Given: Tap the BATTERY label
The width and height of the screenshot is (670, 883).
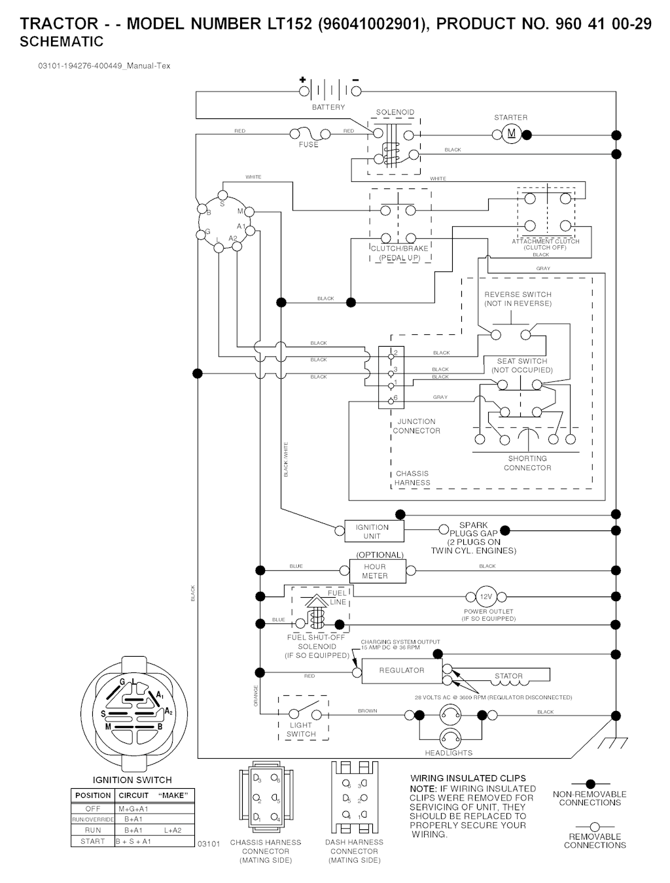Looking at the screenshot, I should [x=328, y=107].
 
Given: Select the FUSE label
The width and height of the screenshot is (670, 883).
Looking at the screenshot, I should [x=309, y=145].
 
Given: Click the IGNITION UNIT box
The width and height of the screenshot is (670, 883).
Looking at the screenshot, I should [x=372, y=531].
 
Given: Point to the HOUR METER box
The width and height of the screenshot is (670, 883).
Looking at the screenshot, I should [x=375, y=571].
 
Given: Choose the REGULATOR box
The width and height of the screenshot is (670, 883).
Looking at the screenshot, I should [x=402, y=670].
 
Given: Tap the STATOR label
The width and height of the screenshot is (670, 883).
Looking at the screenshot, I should [x=508, y=676].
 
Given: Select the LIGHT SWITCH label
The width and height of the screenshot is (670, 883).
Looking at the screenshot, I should [x=301, y=729].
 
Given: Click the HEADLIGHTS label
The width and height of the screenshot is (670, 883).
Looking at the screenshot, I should [x=448, y=753].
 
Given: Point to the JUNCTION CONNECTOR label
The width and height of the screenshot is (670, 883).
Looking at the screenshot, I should [x=417, y=426].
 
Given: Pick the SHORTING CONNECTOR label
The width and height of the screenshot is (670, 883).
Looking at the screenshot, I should [x=527, y=463].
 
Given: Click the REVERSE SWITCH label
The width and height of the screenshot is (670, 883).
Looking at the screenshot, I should [x=518, y=299].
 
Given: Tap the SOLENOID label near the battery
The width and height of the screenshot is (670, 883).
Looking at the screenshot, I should [x=395, y=113].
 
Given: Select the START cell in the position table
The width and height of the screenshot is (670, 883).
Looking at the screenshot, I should [x=93, y=841].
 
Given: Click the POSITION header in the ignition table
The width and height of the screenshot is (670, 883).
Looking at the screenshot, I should [x=93, y=795].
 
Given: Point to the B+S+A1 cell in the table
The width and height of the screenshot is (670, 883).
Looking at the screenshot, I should [x=133, y=841].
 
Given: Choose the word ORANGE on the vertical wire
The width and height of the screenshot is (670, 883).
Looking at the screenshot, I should [x=256, y=695].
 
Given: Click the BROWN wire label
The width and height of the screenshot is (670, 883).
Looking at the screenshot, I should [x=368, y=711].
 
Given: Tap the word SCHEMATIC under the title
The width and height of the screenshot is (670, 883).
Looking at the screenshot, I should [x=62, y=43].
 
